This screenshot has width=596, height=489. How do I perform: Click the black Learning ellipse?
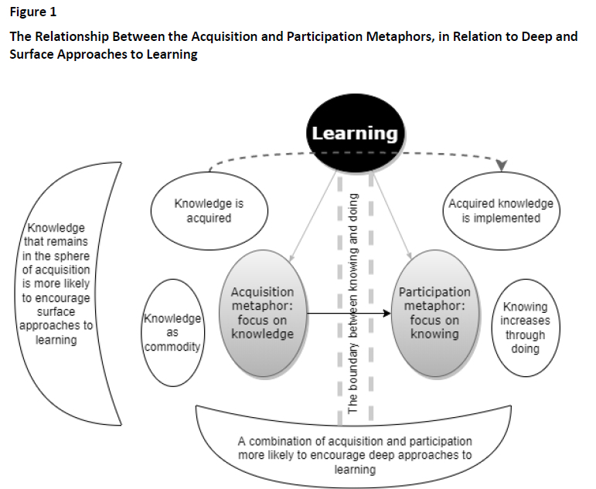point(355,133)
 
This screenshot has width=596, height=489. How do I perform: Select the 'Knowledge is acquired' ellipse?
point(209,210)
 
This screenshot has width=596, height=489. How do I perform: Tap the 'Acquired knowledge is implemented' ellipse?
point(502,210)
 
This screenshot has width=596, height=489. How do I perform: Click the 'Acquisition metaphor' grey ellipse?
point(262,312)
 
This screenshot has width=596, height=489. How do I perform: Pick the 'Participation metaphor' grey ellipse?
point(434,312)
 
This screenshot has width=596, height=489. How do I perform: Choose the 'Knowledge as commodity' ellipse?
point(173,333)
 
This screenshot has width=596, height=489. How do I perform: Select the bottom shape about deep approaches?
point(355,448)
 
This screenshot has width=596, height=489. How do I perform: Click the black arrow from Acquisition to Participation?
point(348,313)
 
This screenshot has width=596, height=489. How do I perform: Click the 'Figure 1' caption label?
point(33,13)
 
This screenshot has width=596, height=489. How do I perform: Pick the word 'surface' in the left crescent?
point(56,312)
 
